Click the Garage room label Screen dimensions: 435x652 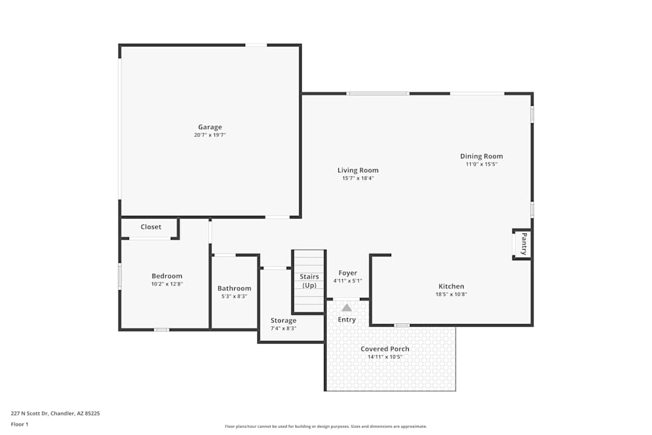click(x=210, y=127)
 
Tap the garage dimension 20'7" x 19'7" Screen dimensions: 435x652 click(x=210, y=135)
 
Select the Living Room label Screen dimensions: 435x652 click(x=358, y=170)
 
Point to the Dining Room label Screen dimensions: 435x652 click(x=481, y=156)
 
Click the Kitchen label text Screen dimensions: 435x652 click(x=451, y=286)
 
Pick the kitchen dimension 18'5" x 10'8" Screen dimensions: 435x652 click(x=451, y=294)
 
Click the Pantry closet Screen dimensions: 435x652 click(x=522, y=244)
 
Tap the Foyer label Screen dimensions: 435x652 click(x=348, y=273)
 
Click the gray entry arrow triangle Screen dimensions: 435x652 click(x=347, y=307)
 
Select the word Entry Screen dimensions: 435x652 click(x=347, y=320)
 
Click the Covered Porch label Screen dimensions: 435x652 click(x=385, y=349)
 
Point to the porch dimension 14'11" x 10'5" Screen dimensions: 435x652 click(x=385, y=357)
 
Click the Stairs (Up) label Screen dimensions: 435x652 click(x=309, y=281)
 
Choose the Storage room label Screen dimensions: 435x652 click(x=284, y=320)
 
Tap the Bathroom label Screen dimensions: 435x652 click(x=234, y=288)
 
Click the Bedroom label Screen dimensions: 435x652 click(x=167, y=276)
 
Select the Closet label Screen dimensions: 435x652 click(x=151, y=227)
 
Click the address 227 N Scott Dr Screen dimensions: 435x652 click(x=55, y=413)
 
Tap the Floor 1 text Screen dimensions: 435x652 click(x=20, y=424)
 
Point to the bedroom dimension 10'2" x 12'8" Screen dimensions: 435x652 click(x=167, y=284)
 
